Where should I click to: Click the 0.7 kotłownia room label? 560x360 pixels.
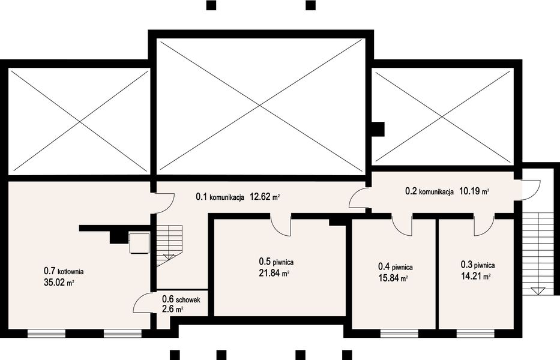click(x=64, y=271)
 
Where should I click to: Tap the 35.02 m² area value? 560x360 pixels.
click(x=59, y=283)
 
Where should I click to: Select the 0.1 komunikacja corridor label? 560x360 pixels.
click(x=220, y=196)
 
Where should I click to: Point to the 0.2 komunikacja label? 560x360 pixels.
click(x=429, y=191)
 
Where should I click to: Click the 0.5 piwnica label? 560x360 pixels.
click(x=277, y=262)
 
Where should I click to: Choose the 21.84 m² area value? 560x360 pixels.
click(x=274, y=273)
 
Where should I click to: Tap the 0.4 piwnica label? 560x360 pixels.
click(x=396, y=267)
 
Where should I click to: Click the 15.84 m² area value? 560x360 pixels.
click(x=393, y=278)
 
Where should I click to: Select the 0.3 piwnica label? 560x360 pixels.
click(x=478, y=265)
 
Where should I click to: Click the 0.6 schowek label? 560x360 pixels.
click(x=181, y=299)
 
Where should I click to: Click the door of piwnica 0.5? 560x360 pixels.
click(x=282, y=226)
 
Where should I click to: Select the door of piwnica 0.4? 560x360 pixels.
click(x=402, y=224)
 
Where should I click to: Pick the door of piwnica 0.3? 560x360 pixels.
click(x=484, y=226)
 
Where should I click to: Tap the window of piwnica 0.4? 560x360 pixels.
click(x=399, y=334)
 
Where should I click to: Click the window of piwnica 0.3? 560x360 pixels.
click(x=476, y=334)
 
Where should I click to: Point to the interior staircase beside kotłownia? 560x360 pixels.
click(x=170, y=246)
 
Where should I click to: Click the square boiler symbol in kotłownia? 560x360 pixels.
click(x=139, y=242)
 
